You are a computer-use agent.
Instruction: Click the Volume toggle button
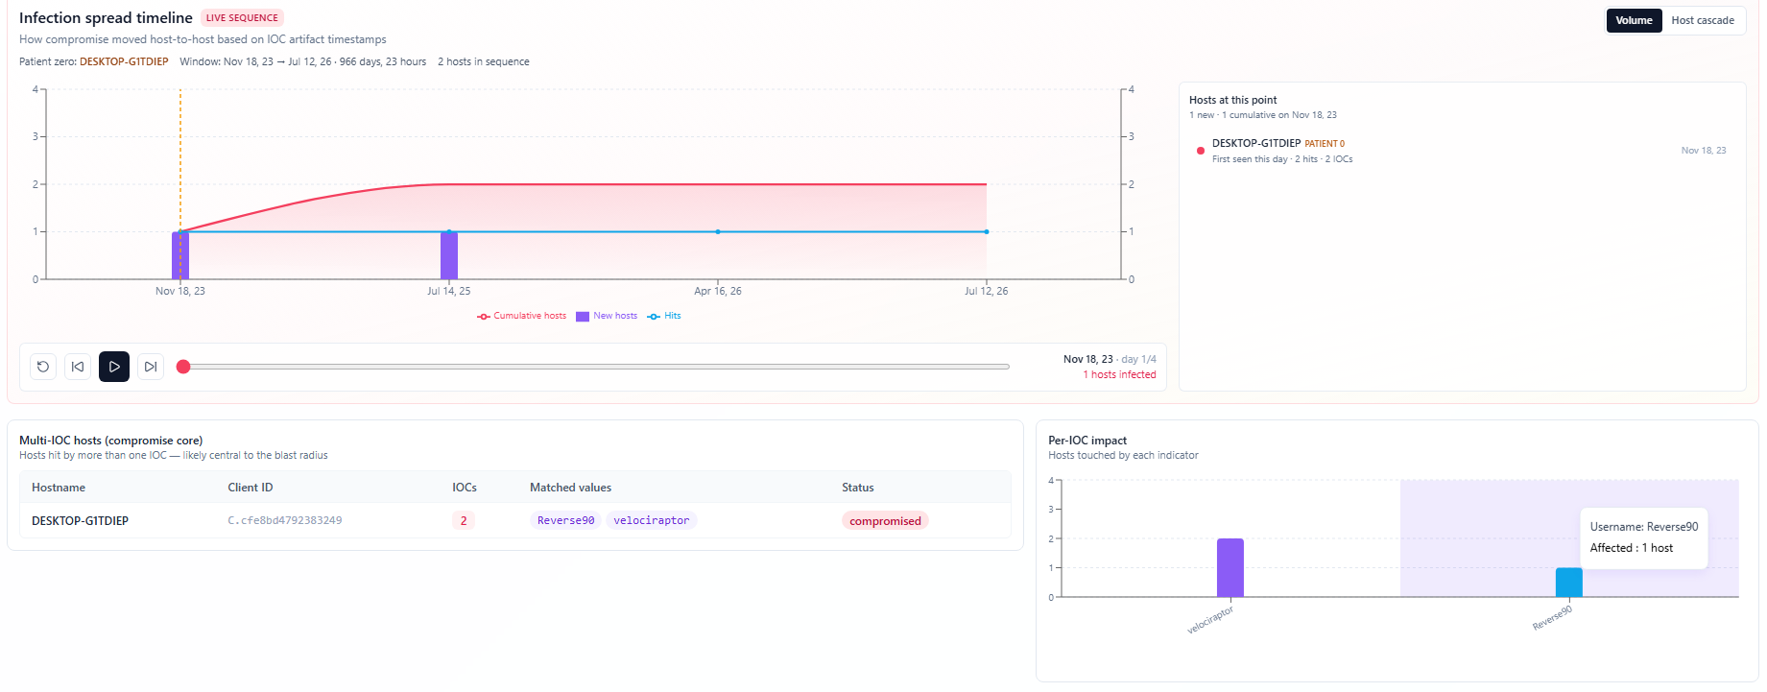point(1634,20)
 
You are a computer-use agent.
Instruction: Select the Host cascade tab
point(1703,20)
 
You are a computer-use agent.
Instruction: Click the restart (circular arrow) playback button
point(43,367)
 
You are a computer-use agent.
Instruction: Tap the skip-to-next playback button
point(151,367)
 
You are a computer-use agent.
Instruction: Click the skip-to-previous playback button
point(78,367)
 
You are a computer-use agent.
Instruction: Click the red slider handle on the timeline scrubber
point(183,367)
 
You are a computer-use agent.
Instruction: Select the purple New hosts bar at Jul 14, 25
point(449,255)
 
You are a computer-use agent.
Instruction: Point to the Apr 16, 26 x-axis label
point(718,291)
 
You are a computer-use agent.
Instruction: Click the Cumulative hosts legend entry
point(522,316)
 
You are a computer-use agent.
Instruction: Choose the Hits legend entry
point(664,316)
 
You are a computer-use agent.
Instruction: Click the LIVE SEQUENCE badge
point(242,17)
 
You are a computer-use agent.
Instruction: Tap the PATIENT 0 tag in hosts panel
point(1325,144)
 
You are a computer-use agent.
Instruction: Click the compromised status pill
point(885,521)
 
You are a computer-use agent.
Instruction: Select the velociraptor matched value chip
point(652,520)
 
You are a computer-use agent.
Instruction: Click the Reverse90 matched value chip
point(566,520)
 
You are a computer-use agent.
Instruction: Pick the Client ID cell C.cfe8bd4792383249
point(285,520)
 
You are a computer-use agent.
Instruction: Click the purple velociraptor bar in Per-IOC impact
point(1230,567)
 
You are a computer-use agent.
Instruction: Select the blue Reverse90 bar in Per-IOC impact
point(1569,583)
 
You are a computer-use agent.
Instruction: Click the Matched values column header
point(571,488)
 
